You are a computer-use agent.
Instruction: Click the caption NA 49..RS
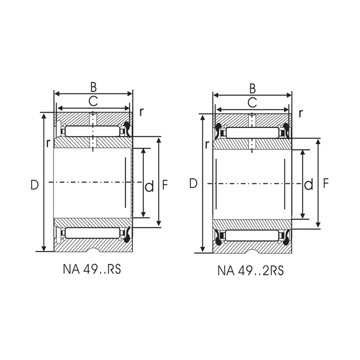tap(92, 270)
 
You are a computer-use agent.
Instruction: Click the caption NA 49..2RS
tap(251, 271)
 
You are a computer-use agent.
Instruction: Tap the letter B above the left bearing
tap(93, 87)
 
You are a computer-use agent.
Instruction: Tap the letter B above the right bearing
tap(252, 88)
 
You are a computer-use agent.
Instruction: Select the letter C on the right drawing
tap(252, 102)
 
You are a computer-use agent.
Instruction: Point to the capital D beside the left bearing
tap(34, 185)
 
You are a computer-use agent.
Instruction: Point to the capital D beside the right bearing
tap(193, 184)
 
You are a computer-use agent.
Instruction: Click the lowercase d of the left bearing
tap(149, 187)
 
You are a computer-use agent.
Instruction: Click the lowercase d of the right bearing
tap(309, 184)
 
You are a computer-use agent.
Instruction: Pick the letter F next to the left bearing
tap(165, 185)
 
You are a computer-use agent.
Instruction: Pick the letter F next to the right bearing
tap(325, 184)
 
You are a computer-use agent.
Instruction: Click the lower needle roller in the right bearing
tap(252, 235)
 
